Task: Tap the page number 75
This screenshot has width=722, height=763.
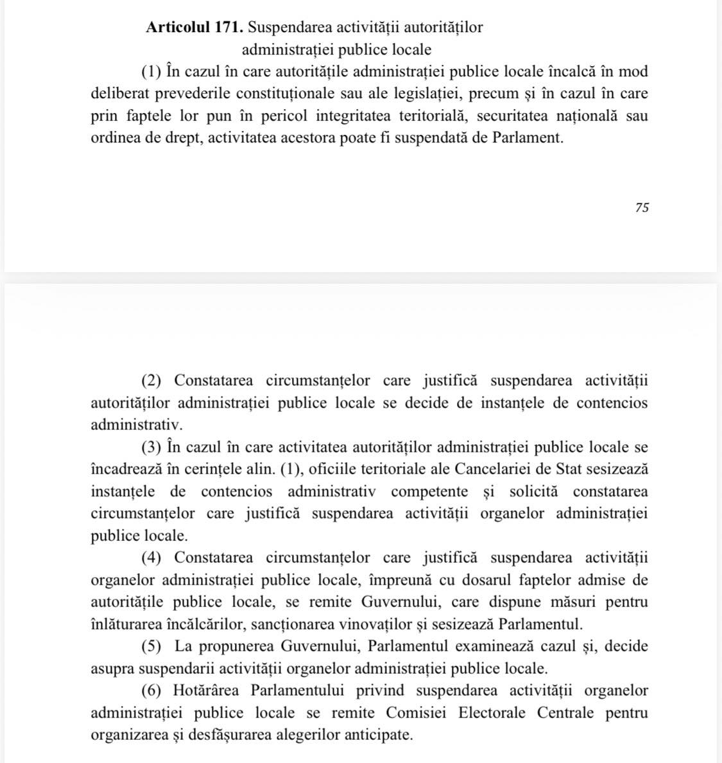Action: coord(642,207)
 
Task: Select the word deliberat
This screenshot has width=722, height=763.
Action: coord(120,94)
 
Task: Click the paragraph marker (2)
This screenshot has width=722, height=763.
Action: coord(151,381)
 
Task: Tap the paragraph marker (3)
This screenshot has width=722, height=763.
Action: coord(151,447)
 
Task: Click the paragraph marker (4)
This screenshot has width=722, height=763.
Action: coord(151,558)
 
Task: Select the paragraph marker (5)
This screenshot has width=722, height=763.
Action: coord(151,646)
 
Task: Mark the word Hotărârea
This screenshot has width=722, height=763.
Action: coord(207,690)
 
